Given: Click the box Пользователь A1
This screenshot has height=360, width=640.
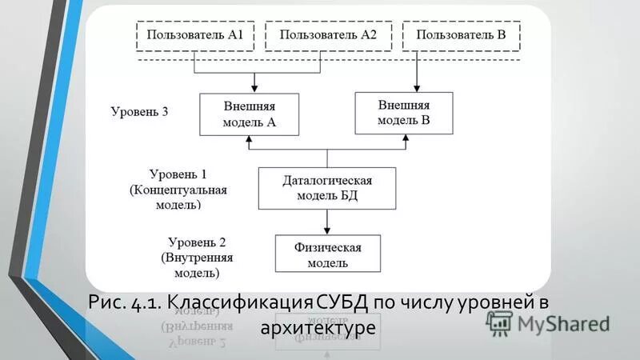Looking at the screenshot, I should (x=197, y=35).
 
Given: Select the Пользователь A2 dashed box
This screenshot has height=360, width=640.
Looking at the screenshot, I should (x=328, y=35).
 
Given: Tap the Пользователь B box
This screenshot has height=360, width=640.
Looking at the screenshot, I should (x=461, y=35).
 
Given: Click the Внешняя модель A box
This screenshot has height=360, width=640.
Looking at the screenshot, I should (x=249, y=114).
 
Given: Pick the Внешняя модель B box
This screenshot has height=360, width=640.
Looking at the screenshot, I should (x=404, y=112).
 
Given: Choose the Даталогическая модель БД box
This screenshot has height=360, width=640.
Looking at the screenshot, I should (x=326, y=188).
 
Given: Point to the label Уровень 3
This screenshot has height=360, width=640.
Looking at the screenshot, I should (x=139, y=112).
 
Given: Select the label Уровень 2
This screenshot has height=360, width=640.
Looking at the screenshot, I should (x=197, y=242).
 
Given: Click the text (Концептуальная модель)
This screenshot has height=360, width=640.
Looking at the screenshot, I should (x=178, y=198).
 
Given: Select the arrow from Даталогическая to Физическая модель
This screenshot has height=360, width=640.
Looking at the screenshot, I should (x=326, y=222).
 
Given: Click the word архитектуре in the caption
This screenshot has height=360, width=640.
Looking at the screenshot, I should (x=318, y=328).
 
